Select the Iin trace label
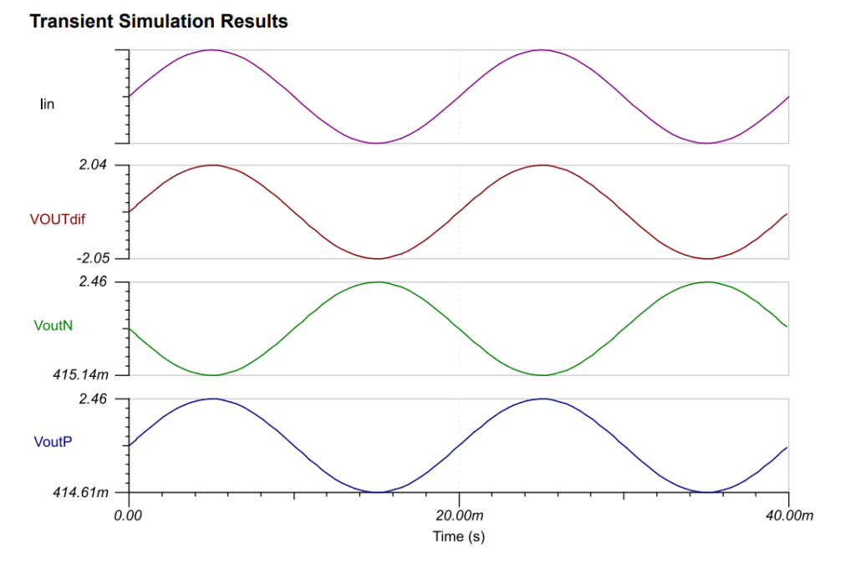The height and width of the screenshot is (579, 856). (x=47, y=104)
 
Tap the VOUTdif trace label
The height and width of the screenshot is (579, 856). (x=57, y=221)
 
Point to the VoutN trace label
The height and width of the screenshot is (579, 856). (x=53, y=325)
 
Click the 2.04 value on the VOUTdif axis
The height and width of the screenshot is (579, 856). (x=92, y=165)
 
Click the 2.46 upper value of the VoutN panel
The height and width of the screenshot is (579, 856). (x=92, y=282)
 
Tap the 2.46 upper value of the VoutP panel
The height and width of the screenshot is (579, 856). (x=92, y=399)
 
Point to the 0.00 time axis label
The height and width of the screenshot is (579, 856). (x=129, y=516)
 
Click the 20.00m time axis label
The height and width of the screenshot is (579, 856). (x=459, y=516)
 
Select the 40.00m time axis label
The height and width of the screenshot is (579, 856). (x=788, y=516)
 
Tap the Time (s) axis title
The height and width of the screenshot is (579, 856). (x=458, y=536)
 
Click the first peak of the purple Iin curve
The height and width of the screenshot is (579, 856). (x=211, y=50)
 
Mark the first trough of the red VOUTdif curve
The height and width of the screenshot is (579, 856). (x=377, y=258)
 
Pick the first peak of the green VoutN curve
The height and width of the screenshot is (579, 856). (x=377, y=282)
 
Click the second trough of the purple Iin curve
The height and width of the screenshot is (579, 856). (x=707, y=143)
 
